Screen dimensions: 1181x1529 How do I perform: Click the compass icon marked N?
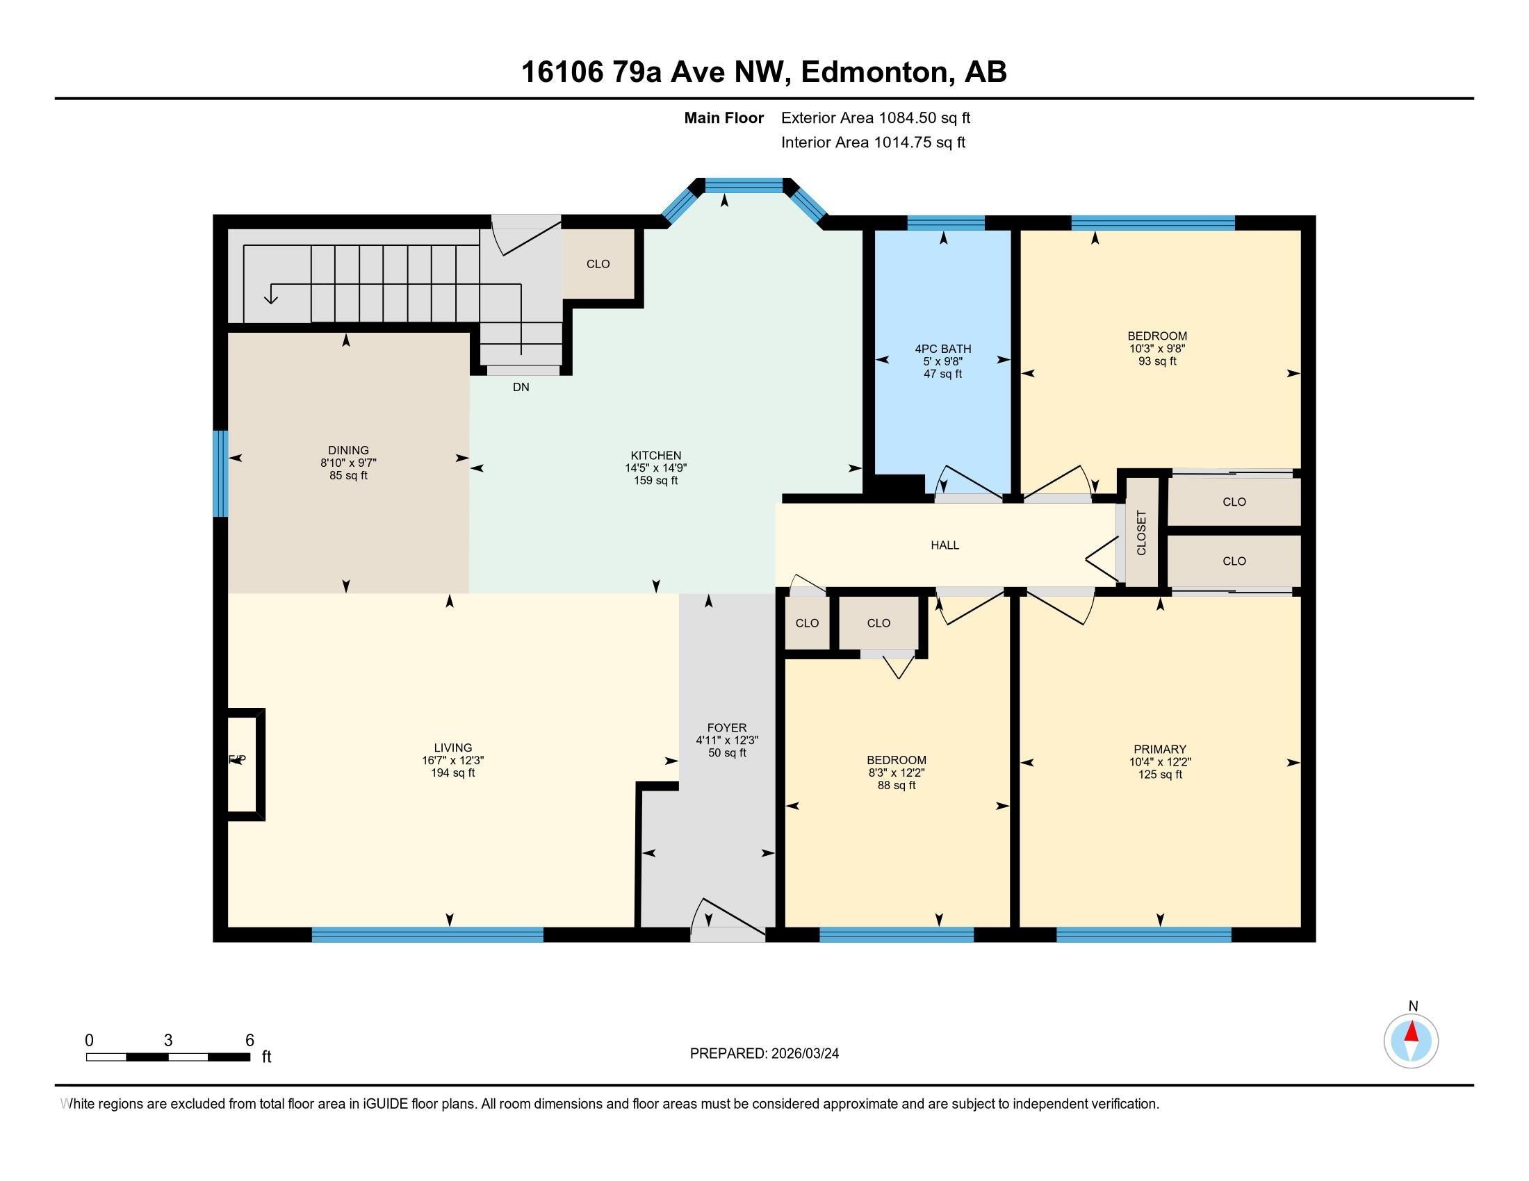pos(1411,1041)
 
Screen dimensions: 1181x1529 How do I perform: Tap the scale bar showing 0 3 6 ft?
pos(168,1057)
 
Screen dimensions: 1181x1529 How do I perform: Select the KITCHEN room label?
pos(655,456)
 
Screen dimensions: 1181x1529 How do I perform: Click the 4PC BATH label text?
pos(942,349)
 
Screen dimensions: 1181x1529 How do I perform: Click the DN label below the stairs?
pos(520,387)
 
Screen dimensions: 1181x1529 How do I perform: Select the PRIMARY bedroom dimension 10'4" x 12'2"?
pos(1159,762)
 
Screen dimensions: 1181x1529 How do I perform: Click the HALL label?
pos(945,545)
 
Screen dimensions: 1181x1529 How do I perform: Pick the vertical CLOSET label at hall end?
pos(1141,533)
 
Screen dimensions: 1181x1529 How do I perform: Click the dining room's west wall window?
pos(220,473)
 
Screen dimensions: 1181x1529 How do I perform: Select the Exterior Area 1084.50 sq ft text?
pos(875,117)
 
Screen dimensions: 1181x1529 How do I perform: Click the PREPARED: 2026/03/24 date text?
pos(764,1053)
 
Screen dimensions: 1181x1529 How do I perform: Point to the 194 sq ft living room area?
pos(452,773)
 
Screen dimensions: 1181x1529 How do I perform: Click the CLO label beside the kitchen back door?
pos(598,264)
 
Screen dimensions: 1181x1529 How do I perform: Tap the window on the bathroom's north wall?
pos(945,222)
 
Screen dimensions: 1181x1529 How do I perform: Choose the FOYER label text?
pos(727,727)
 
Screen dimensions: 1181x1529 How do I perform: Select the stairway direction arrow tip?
pos(270,301)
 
